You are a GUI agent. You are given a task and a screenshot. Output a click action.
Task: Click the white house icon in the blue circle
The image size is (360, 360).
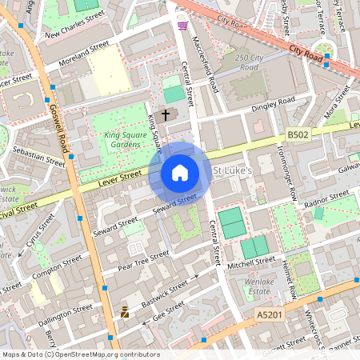click(x=180, y=173)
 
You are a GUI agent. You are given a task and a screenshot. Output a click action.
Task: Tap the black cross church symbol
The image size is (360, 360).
click(x=166, y=114)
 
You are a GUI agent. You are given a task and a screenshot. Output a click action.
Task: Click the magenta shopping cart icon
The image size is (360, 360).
click(x=183, y=26)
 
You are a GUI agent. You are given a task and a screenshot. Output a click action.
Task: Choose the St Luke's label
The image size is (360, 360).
click(x=233, y=171)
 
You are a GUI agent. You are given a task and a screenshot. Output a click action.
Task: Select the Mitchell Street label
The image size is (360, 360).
click(x=250, y=262)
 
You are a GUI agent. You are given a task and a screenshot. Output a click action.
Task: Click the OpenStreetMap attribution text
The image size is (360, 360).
click(x=80, y=354)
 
